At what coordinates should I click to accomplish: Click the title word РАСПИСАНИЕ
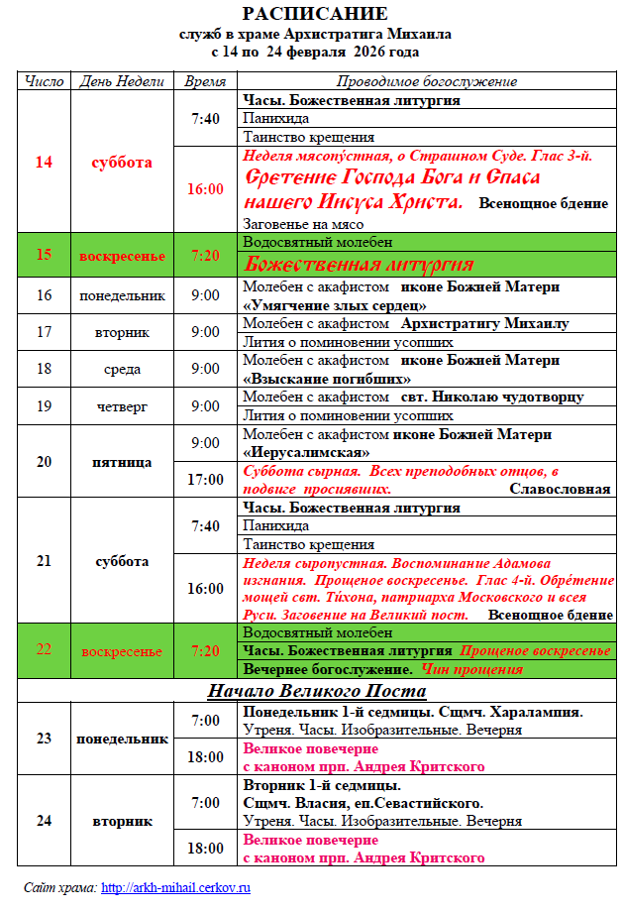click(315, 13)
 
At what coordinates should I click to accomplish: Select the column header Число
click(44, 81)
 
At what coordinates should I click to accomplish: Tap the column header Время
click(205, 81)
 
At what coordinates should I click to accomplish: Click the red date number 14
click(44, 163)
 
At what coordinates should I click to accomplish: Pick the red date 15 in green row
click(44, 255)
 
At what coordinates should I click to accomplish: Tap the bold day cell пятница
click(121, 462)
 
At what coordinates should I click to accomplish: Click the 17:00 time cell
click(206, 480)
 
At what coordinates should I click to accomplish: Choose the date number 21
click(44, 561)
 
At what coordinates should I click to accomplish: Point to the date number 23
click(44, 739)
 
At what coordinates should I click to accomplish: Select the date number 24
click(44, 821)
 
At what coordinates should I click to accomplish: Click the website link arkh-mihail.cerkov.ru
click(175, 887)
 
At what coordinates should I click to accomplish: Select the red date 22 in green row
click(44, 650)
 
